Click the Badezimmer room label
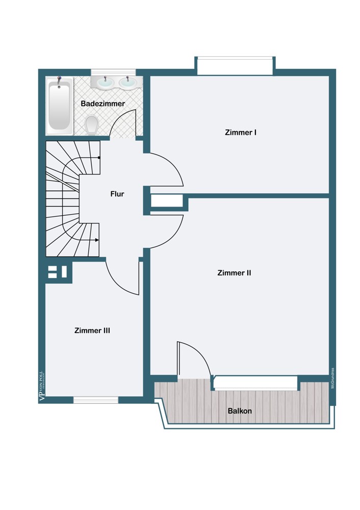coord(102,104)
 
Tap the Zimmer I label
coord(240,133)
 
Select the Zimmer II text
coord(234,273)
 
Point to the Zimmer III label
coord(92,330)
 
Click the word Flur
coord(117,194)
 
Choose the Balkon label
coord(240,411)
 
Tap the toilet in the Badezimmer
coord(92,123)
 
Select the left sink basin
coord(106,82)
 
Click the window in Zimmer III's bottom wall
coord(96,400)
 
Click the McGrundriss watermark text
coord(332,378)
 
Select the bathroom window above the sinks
coord(113,72)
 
